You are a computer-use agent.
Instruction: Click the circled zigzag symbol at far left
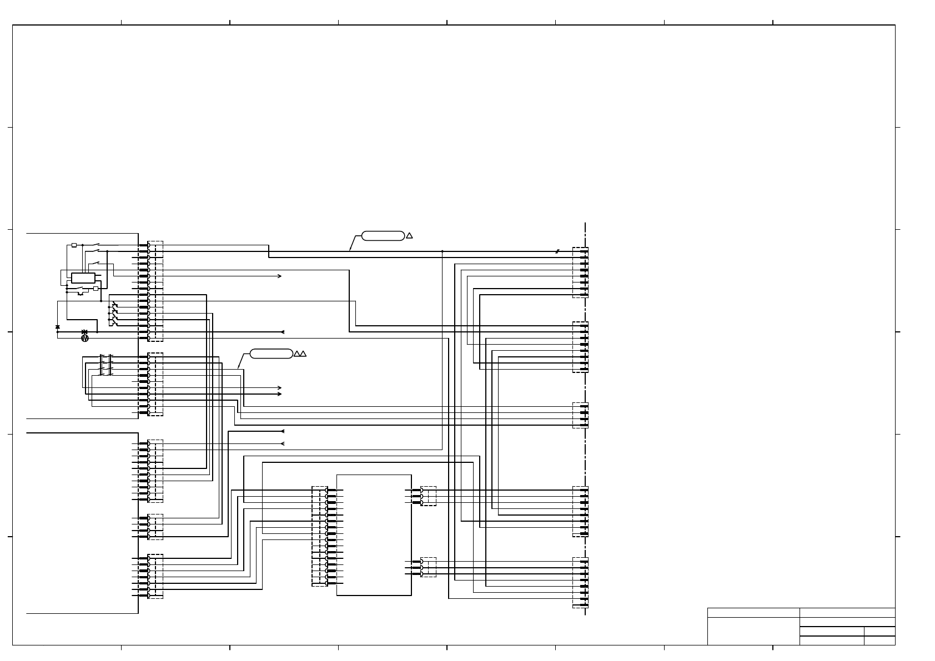click(85, 338)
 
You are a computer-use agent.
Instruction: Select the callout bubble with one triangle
click(383, 235)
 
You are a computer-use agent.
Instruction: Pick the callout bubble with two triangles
click(271, 354)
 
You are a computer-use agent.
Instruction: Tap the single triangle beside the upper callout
click(409, 235)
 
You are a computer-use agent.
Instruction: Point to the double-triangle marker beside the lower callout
click(300, 354)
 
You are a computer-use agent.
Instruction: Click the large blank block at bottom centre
click(374, 535)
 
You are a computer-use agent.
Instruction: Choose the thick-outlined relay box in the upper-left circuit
click(83, 278)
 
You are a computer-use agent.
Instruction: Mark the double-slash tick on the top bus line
click(557, 251)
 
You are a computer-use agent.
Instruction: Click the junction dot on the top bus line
click(442, 251)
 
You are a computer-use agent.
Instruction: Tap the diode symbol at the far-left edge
click(58, 327)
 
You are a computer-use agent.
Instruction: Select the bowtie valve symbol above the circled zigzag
click(84, 331)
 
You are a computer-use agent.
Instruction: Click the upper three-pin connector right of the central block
click(428, 496)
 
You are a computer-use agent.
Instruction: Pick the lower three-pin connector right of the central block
click(428, 567)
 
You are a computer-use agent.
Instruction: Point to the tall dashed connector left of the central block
click(319, 536)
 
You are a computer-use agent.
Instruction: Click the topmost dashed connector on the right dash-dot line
click(580, 273)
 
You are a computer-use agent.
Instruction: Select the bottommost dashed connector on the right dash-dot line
click(580, 582)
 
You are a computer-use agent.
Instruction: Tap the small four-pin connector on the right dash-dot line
click(580, 415)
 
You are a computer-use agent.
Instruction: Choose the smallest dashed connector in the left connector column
click(155, 527)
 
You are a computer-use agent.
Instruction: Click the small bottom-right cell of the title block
click(879, 640)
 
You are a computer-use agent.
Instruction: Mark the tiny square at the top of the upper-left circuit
click(74, 245)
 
